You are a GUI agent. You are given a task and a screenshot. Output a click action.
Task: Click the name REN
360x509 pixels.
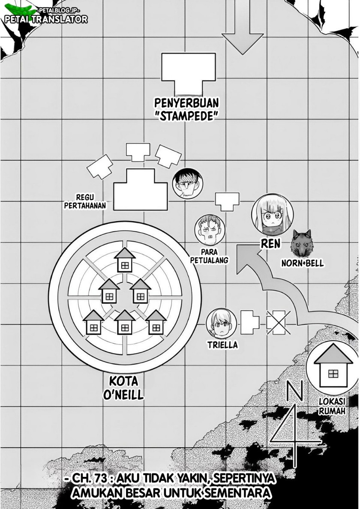pyautogui.click(x=270, y=244)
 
